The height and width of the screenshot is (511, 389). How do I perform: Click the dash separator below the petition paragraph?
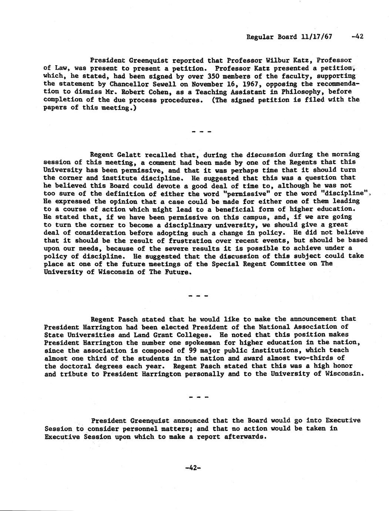coord(201,131)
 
